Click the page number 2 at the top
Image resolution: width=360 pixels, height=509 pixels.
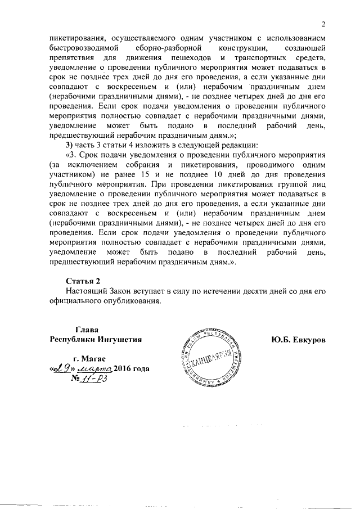coord(323,24)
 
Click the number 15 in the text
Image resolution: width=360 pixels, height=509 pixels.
coord(141,175)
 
